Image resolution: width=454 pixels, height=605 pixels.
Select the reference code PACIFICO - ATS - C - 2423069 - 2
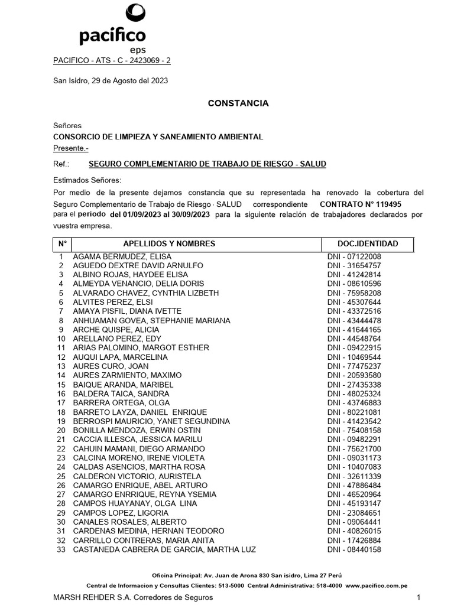[112, 60]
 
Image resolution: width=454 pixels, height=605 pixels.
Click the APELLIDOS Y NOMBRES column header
[169, 243]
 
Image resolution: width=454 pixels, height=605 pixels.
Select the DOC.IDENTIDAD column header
[368, 243]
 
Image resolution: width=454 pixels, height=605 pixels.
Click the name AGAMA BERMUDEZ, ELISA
[122, 256]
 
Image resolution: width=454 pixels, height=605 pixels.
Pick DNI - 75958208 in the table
[354, 293]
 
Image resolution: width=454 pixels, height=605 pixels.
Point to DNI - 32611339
[354, 476]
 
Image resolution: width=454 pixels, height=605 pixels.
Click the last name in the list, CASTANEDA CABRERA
[164, 549]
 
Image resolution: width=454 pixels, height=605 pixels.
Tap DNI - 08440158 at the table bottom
[354, 549]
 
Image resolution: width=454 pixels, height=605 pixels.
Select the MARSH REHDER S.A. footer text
[133, 597]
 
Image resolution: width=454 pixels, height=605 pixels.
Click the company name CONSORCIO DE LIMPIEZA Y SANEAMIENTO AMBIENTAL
[158, 136]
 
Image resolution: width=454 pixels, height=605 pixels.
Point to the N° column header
[61, 243]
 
